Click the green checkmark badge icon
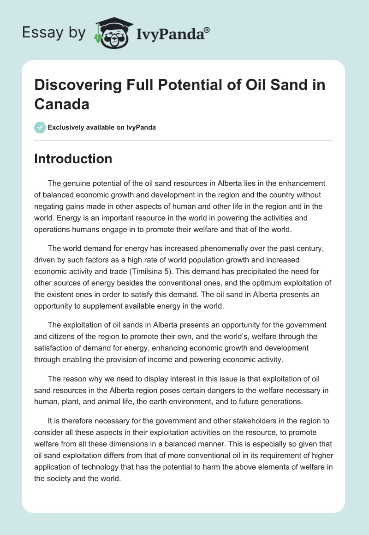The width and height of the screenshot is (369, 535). click(40, 127)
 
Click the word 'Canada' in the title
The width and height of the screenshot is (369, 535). click(62, 104)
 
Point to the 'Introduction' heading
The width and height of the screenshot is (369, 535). click(73, 159)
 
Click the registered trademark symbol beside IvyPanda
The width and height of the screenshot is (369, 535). click(207, 30)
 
